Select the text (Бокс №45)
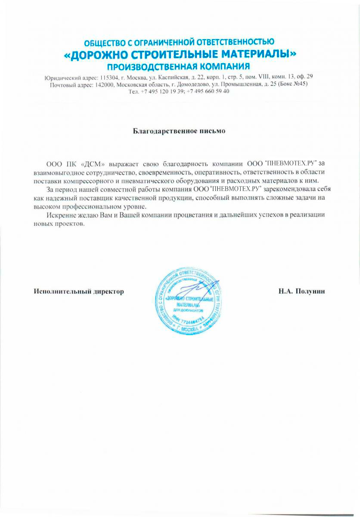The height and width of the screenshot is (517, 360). pos(293,84)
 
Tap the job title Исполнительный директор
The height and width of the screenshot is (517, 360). pos(79,291)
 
